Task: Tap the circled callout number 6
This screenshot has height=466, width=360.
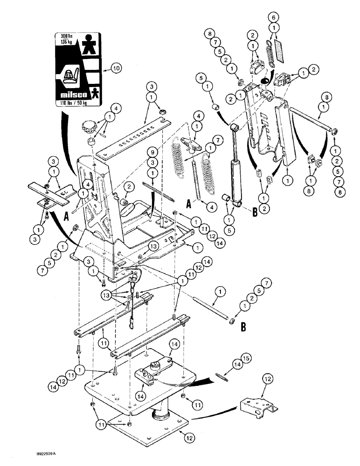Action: point(274,17)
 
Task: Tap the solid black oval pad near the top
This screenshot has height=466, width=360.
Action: point(263,81)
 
